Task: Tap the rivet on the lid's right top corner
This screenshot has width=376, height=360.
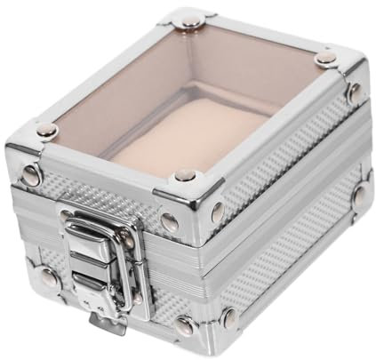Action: pos(327,58)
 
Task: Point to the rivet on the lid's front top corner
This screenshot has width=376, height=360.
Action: pos(186,175)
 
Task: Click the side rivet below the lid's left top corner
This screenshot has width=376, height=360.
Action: pos(32,176)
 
